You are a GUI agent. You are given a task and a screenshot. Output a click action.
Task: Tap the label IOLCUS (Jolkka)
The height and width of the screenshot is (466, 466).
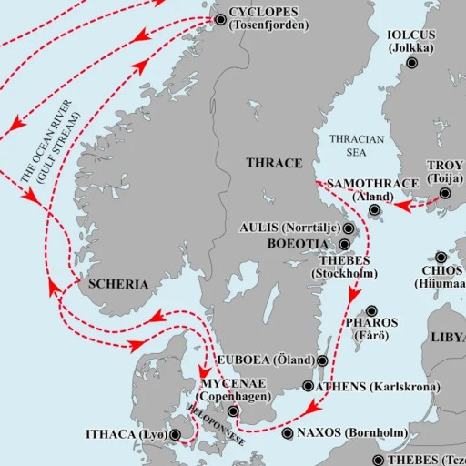[413, 40]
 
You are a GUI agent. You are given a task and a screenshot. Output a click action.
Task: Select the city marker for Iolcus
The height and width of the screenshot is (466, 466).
[413, 63]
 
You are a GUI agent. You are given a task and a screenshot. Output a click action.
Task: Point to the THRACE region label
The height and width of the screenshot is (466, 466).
[274, 162]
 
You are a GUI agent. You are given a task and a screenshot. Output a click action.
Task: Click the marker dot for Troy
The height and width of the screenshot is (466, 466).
[446, 193]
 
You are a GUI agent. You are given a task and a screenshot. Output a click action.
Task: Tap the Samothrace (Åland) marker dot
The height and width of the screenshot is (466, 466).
[374, 210]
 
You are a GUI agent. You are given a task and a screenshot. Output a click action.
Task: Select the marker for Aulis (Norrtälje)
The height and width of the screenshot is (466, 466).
[349, 229]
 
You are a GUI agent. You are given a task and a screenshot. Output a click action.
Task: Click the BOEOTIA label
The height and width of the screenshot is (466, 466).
[299, 244]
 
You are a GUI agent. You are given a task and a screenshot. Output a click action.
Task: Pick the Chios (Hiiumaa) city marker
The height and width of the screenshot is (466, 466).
[441, 258]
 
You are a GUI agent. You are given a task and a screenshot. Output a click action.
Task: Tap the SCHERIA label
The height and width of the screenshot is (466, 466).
[119, 284]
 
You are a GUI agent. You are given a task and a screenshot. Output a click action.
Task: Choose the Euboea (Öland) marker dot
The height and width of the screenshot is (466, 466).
[322, 360]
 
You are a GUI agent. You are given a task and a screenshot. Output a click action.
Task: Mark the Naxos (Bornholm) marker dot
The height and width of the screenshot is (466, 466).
[289, 433]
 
